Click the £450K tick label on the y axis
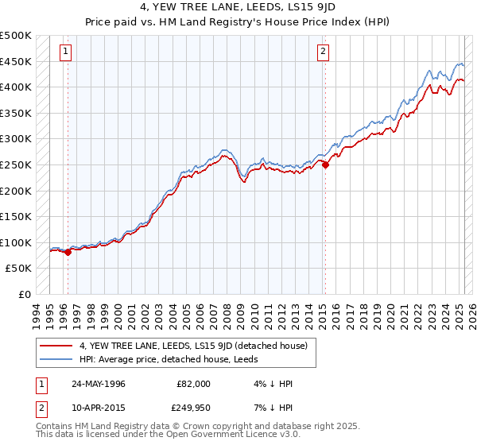(x=16, y=61)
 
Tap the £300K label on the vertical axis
(x=16, y=139)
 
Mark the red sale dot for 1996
(x=68, y=252)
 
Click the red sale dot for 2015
(x=325, y=165)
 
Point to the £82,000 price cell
(x=194, y=384)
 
